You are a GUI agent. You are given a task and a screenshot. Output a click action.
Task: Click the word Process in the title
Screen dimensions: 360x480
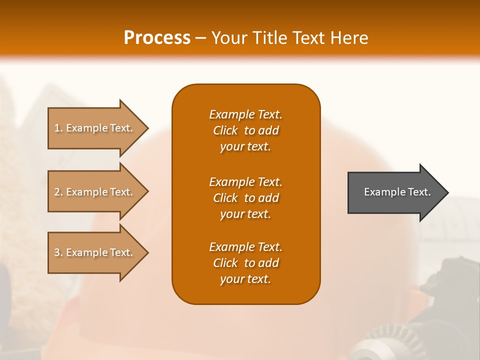(x=157, y=38)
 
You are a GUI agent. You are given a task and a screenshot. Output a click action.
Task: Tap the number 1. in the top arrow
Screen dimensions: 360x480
(x=58, y=128)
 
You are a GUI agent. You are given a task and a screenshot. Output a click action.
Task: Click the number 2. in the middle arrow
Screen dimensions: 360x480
(x=58, y=192)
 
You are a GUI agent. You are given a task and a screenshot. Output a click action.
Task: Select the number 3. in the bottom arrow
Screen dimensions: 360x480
(x=58, y=252)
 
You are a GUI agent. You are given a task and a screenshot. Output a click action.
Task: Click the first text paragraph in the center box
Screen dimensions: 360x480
(x=245, y=130)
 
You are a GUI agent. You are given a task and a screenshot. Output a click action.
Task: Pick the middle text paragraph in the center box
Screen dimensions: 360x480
(x=245, y=198)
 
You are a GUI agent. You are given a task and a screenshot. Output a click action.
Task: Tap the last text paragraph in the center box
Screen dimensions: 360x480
(x=245, y=263)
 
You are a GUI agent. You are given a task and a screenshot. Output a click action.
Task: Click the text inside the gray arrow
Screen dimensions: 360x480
(x=397, y=192)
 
